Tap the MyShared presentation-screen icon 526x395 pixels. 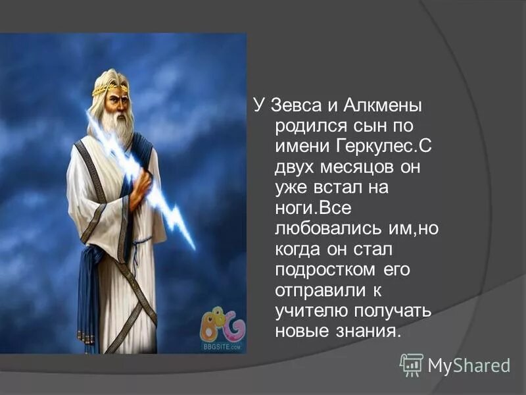pyautogui.click(x=412, y=364)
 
